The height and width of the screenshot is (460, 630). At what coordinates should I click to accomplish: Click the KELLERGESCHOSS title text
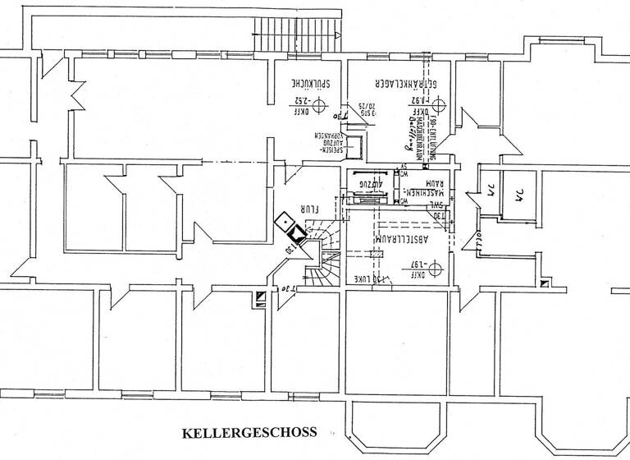click(249, 432)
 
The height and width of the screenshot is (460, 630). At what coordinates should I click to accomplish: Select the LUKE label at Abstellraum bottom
click(364, 279)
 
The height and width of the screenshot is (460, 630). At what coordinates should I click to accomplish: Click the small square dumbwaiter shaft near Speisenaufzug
click(357, 145)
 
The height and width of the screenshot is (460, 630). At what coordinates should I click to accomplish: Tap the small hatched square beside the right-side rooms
click(545, 284)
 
